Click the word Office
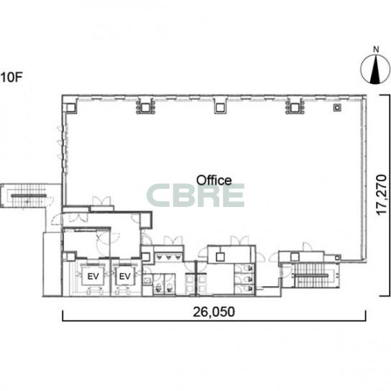click(x=214, y=180)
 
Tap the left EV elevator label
click(x=93, y=276)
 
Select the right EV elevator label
click(x=124, y=276)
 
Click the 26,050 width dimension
click(x=214, y=312)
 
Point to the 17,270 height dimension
click(x=382, y=195)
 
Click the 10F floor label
click(x=11, y=77)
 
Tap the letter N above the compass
click(x=376, y=50)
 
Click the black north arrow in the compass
click(x=375, y=70)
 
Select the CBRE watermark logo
click(x=195, y=195)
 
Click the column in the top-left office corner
click(x=70, y=108)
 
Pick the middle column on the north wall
click(x=219, y=108)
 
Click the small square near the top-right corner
click(x=337, y=108)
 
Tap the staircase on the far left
click(x=28, y=195)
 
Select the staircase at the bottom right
click(x=311, y=275)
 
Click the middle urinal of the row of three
click(x=169, y=257)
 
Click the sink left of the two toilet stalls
click(x=147, y=280)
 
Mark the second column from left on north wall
click(x=146, y=108)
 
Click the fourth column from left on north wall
click(x=295, y=108)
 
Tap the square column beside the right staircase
click(x=295, y=257)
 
